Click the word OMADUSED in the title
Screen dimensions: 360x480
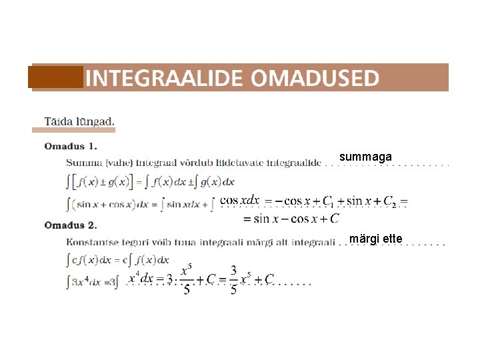click(315, 78)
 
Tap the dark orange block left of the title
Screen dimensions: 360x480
click(57, 77)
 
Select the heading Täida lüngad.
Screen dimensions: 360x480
click(79, 121)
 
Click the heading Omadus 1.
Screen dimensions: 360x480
click(70, 145)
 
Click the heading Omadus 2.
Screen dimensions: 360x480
click(70, 225)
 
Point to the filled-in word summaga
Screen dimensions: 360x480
click(365, 157)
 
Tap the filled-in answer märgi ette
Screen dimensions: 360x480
click(375, 238)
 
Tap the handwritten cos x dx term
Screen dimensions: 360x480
click(239, 200)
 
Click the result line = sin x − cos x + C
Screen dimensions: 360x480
click(291, 218)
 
